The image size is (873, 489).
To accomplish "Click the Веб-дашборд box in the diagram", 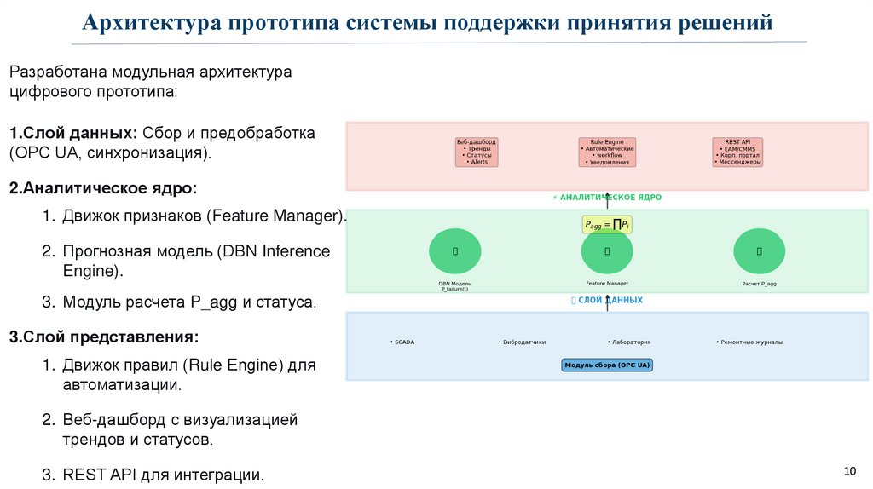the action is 476,152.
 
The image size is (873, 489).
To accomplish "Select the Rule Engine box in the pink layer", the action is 607,152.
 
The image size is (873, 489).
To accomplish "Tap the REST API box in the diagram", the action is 737,152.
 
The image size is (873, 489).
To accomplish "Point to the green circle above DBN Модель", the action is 454,251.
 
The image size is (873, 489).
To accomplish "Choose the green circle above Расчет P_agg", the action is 759,251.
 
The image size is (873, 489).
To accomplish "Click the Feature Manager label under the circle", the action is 607,283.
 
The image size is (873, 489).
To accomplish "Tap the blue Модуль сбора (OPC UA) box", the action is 607,365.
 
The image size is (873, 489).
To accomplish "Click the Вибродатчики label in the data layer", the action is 523,342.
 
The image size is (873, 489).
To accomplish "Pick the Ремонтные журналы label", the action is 750,342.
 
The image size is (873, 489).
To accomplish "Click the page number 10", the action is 849,470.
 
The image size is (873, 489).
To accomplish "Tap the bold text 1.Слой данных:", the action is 72,134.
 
